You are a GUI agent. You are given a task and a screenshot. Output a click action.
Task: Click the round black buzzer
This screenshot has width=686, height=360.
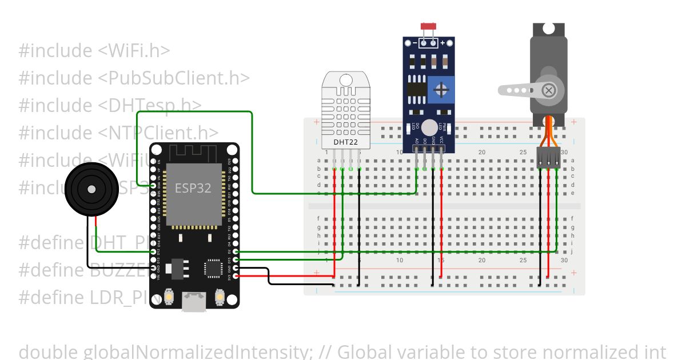point(91,189)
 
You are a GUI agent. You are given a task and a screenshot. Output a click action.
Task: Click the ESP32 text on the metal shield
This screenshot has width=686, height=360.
point(193,189)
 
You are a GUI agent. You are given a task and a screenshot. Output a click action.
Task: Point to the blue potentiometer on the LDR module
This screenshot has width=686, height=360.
point(441,90)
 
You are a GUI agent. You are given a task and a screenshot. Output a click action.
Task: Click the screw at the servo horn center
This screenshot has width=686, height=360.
point(549,90)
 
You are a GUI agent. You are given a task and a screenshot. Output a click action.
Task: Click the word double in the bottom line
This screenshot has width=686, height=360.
point(49,351)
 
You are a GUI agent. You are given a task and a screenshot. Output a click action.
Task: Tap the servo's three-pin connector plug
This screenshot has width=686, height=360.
point(549,157)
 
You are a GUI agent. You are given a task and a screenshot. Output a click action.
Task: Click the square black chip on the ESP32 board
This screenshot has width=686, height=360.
point(213,267)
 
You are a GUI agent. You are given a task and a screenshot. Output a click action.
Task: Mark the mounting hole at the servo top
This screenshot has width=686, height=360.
point(548,28)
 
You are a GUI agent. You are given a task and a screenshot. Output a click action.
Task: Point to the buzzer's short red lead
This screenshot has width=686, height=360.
point(96,223)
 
